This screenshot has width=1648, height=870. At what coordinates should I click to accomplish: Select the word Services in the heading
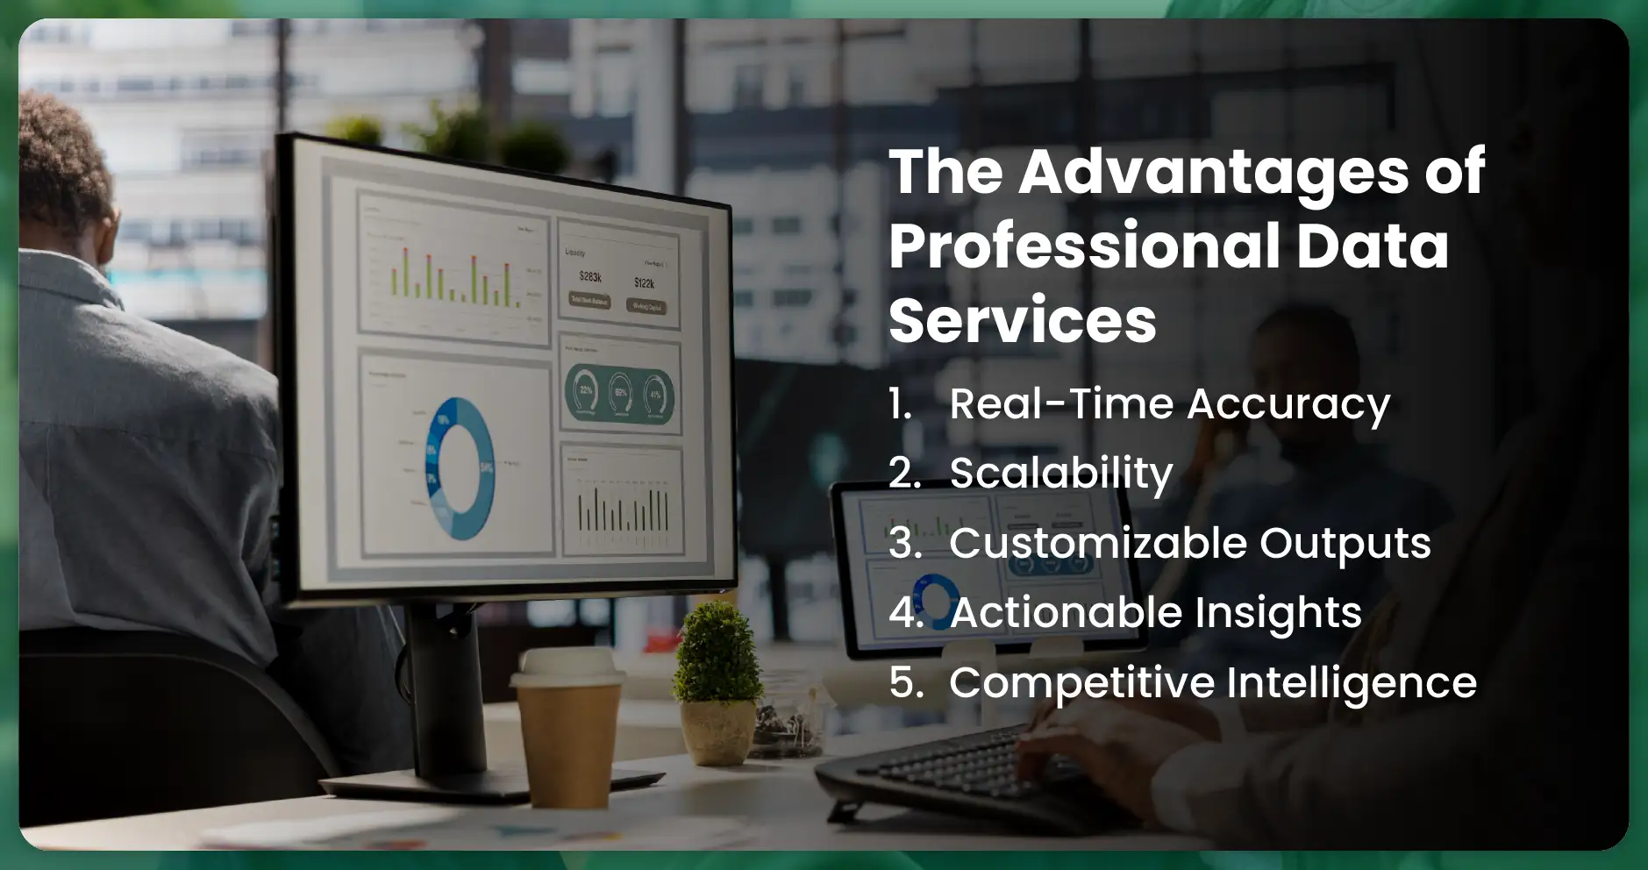(1023, 320)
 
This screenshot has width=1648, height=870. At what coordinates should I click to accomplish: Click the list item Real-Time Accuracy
(1169, 404)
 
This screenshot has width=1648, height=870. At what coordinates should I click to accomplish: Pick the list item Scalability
(1060, 474)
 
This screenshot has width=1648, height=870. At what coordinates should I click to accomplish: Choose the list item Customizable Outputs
(1189, 543)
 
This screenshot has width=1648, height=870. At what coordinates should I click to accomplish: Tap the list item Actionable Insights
(1155, 612)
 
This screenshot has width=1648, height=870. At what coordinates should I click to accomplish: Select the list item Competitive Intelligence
(1212, 682)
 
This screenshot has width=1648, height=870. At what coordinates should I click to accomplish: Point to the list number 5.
(905, 682)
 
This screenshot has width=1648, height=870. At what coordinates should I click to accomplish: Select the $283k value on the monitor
(590, 276)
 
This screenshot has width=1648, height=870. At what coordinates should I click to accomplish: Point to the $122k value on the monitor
(645, 282)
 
